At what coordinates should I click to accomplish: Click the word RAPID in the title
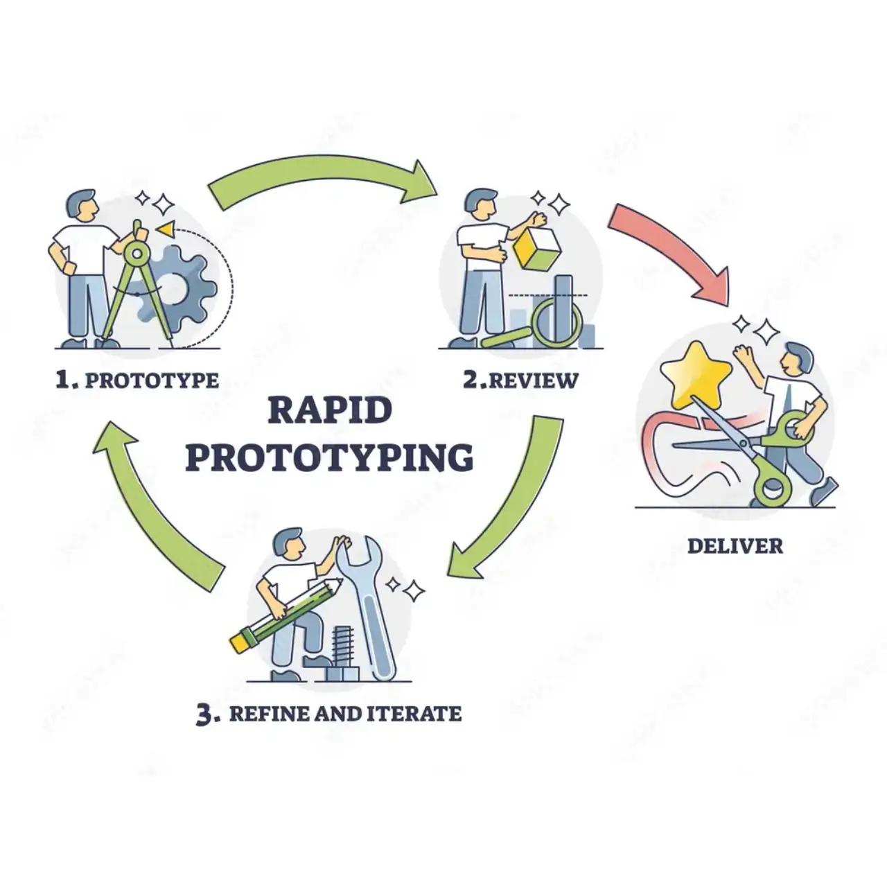coord(330,411)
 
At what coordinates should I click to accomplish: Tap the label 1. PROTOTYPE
coord(137,380)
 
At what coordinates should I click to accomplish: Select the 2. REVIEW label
coord(520,380)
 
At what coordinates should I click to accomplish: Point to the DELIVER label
coord(735,546)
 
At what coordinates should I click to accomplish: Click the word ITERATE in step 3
coord(414,714)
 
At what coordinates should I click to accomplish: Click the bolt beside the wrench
coord(343,653)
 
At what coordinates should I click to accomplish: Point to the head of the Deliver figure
coord(796,359)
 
